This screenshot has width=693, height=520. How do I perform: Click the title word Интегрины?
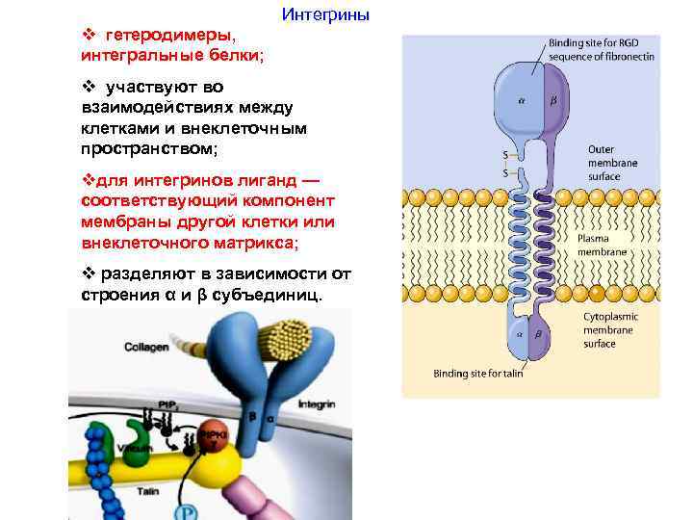pyautogui.click(x=324, y=15)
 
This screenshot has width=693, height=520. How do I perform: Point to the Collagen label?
pyautogui.click(x=145, y=347)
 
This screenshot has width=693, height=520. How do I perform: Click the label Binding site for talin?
pyautogui.click(x=477, y=374)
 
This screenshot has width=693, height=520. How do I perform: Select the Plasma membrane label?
pyautogui.click(x=603, y=245)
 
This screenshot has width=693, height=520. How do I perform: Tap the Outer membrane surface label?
pyautogui.click(x=612, y=163)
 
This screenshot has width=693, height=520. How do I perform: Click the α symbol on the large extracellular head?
pyautogui.click(x=522, y=97)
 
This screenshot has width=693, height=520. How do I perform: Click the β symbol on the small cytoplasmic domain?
pyautogui.click(x=537, y=332)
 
